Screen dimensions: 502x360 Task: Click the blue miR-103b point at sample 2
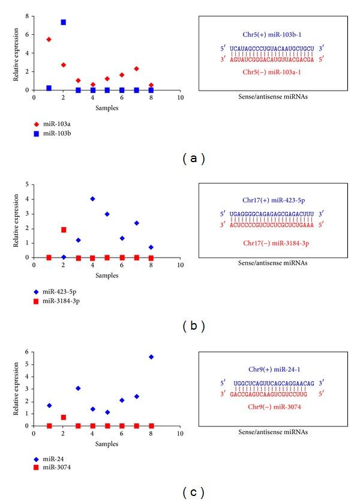point(63,22)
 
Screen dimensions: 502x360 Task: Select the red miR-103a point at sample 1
point(49,40)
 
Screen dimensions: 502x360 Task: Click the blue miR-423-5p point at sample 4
point(92,199)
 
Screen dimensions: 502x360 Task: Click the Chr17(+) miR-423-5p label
point(272,199)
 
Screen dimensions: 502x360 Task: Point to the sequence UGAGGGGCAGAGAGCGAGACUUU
point(272,214)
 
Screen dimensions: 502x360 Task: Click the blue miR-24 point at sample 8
point(151,357)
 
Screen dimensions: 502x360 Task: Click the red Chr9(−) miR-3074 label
point(272,407)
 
